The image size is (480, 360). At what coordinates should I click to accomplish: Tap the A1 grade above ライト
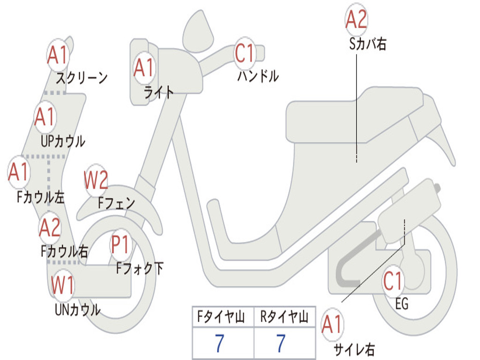click(x=144, y=67)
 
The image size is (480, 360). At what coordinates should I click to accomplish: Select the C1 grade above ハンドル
click(x=245, y=53)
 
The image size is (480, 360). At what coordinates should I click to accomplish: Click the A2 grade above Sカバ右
click(x=356, y=20)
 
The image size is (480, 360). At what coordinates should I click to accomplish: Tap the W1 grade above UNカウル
click(x=63, y=285)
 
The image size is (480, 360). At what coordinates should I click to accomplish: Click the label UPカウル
click(x=63, y=141)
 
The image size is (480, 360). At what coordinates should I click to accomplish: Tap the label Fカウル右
click(x=64, y=252)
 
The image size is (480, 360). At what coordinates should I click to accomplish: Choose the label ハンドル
click(x=258, y=76)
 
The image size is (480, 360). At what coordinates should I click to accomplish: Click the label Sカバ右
click(x=368, y=45)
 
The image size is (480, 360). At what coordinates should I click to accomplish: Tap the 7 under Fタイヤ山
click(x=219, y=344)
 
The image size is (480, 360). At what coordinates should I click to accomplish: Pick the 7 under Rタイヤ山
click(x=281, y=344)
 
